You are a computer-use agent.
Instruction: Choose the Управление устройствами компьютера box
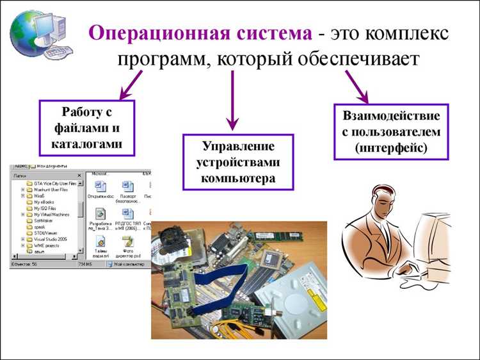click(x=237, y=162)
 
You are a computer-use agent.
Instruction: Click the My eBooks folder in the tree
click(x=44, y=202)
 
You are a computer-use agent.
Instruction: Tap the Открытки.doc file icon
click(x=101, y=187)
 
